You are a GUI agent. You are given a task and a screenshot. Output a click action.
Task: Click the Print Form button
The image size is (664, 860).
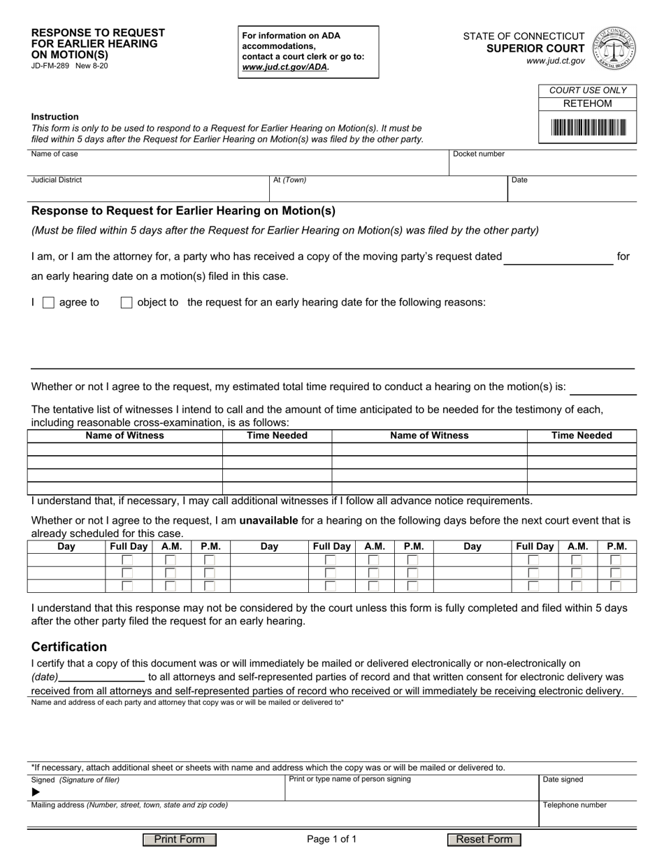(x=180, y=840)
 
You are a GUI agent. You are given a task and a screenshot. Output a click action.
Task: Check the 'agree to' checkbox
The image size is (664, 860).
(x=48, y=303)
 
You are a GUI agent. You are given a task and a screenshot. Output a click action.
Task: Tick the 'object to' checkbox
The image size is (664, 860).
(x=127, y=303)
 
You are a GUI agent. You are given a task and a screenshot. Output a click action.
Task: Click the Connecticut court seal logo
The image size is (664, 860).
(x=614, y=48)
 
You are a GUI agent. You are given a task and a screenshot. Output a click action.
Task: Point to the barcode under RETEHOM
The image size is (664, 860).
(x=588, y=127)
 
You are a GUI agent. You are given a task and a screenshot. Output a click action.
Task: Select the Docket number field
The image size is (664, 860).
(x=542, y=165)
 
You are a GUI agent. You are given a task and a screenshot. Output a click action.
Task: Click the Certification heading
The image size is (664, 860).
(x=69, y=647)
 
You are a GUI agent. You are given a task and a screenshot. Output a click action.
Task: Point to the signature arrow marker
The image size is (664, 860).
(x=36, y=792)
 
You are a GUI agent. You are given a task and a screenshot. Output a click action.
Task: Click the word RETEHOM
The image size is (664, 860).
(x=587, y=103)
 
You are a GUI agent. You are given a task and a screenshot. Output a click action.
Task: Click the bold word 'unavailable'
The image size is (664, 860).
(x=268, y=520)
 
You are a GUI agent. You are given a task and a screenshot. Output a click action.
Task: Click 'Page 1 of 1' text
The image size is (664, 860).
(x=332, y=840)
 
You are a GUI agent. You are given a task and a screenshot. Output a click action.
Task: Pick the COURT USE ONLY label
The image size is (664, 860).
(x=587, y=90)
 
